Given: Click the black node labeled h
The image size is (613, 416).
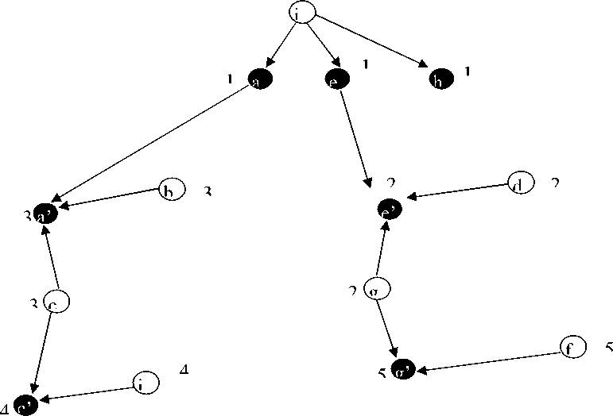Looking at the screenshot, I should [x=440, y=79].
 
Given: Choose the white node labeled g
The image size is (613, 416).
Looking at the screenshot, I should [x=376, y=291].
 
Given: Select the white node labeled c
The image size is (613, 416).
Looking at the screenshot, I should [x=57, y=302].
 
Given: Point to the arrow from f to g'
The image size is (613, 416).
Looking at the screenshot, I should [x=489, y=360].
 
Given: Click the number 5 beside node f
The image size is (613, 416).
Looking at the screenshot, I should [x=608, y=347].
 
